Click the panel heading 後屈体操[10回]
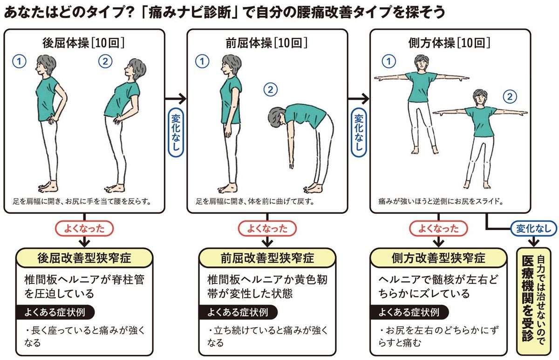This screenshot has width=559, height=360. tap(84, 43)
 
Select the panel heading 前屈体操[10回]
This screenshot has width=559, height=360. tap(267, 43)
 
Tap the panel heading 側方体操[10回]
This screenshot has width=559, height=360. tap(450, 43)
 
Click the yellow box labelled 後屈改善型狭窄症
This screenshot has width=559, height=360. tap(84, 258)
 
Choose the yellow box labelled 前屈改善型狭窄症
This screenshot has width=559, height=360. tap(267, 258)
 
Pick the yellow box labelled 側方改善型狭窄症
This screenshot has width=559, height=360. tap(438, 258)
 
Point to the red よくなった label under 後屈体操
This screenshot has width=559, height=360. tap(84, 228)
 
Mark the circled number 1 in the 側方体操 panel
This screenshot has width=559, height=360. tap(388, 61)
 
